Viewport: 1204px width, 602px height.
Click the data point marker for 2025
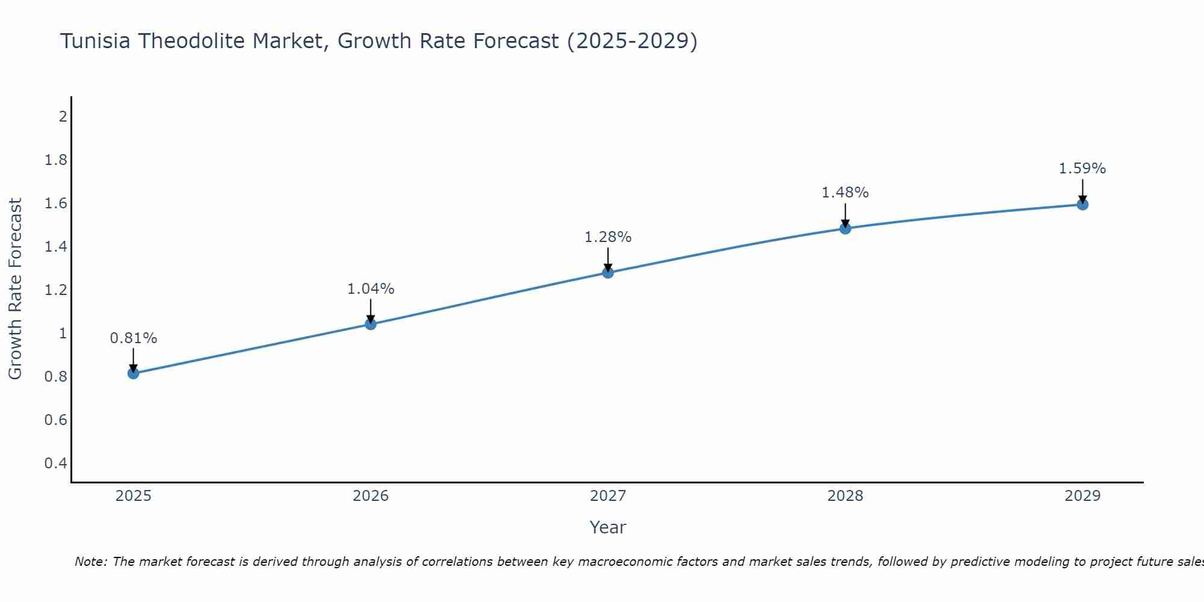(x=134, y=373)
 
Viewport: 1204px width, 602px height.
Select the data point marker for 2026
(x=371, y=324)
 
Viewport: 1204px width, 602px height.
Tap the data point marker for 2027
(x=608, y=273)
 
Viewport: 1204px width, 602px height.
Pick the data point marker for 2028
(x=845, y=228)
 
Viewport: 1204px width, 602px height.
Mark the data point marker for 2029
(x=1082, y=205)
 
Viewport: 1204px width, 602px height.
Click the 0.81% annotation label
(x=134, y=338)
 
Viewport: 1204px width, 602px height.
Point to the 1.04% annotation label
(x=371, y=289)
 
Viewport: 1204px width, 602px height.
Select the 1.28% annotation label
(x=608, y=237)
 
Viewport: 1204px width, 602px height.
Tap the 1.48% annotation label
(x=845, y=193)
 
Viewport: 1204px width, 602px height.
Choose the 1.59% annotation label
(x=1082, y=169)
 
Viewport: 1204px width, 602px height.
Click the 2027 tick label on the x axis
(x=608, y=496)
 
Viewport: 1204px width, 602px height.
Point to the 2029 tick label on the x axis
(x=1082, y=496)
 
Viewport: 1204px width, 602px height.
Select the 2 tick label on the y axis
(x=63, y=116)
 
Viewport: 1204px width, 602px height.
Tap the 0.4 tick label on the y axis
(x=55, y=464)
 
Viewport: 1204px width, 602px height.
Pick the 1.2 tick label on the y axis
(x=55, y=290)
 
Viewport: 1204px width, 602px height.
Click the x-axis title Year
(x=608, y=527)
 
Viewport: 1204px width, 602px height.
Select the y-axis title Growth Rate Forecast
(x=15, y=289)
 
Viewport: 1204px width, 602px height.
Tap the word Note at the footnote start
(x=91, y=562)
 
